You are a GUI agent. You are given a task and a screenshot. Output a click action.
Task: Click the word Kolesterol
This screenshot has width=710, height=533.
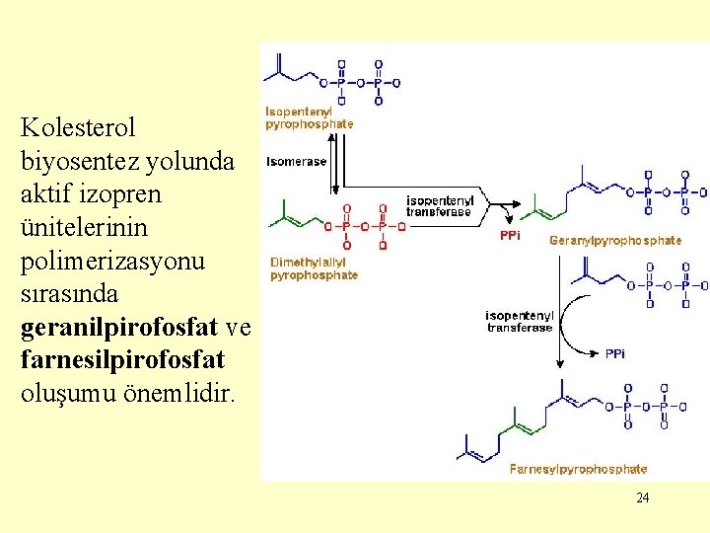pyautogui.click(x=78, y=127)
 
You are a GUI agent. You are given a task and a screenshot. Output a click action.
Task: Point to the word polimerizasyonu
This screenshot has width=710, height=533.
pyautogui.click(x=112, y=261)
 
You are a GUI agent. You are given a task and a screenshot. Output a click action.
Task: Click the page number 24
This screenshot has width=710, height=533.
pyautogui.click(x=643, y=497)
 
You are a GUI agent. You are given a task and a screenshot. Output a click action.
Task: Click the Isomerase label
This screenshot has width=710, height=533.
pyautogui.click(x=297, y=161)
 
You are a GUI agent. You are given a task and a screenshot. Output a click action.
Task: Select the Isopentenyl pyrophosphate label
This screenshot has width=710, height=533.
pyautogui.click(x=309, y=118)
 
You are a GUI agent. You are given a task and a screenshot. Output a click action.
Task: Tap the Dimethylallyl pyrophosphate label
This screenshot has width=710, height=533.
pyautogui.click(x=314, y=268)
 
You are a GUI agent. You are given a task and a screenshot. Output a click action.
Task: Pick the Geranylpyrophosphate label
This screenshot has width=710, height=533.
pyautogui.click(x=615, y=240)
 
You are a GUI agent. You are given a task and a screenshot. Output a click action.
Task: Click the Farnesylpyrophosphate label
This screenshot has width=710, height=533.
pyautogui.click(x=578, y=469)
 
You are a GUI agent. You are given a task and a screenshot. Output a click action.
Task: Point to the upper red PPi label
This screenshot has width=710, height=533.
pyautogui.click(x=510, y=236)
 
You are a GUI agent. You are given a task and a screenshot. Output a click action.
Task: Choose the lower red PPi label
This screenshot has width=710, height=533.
pyautogui.click(x=615, y=352)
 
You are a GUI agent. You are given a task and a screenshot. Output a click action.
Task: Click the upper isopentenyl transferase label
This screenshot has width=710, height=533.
pyautogui.click(x=441, y=205)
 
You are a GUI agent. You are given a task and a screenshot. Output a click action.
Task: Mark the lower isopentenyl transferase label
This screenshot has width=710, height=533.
pyautogui.click(x=520, y=322)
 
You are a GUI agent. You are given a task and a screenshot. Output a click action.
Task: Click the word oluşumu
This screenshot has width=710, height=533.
pyautogui.click(x=65, y=393)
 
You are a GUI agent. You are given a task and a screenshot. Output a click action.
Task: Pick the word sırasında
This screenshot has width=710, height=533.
pyautogui.click(x=69, y=294)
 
